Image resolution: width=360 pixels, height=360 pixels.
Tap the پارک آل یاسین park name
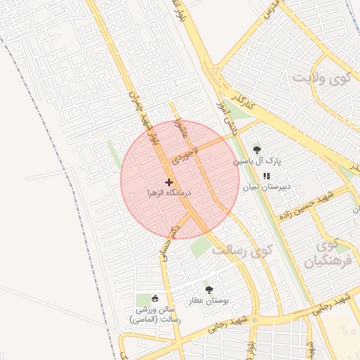click(257, 161)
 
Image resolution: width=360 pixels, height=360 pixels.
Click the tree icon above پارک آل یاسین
click(257, 149)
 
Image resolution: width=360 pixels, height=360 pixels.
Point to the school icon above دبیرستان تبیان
click(266, 176)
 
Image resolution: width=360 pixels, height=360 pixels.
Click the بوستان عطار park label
click(209, 300)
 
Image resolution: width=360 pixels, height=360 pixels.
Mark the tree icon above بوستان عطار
click(208, 289)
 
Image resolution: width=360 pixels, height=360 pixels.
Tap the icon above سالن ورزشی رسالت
click(156, 298)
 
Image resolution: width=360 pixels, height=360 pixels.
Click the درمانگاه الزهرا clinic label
click(169, 192)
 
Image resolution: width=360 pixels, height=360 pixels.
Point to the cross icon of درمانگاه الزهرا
click(169, 181)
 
